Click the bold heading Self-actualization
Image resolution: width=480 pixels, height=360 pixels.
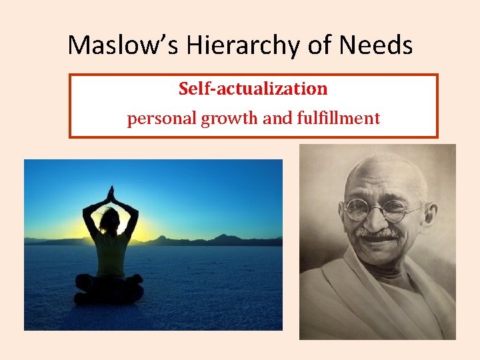(253, 89)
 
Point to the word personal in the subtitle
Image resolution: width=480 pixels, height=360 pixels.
(157, 119)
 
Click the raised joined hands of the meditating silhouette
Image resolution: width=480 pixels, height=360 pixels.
(111, 194)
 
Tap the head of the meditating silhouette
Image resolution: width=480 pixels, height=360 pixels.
(110, 220)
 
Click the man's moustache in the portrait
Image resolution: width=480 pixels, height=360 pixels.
(377, 233)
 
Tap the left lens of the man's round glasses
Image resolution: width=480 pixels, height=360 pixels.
(358, 209)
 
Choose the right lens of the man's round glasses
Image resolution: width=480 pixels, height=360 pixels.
(395, 211)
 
